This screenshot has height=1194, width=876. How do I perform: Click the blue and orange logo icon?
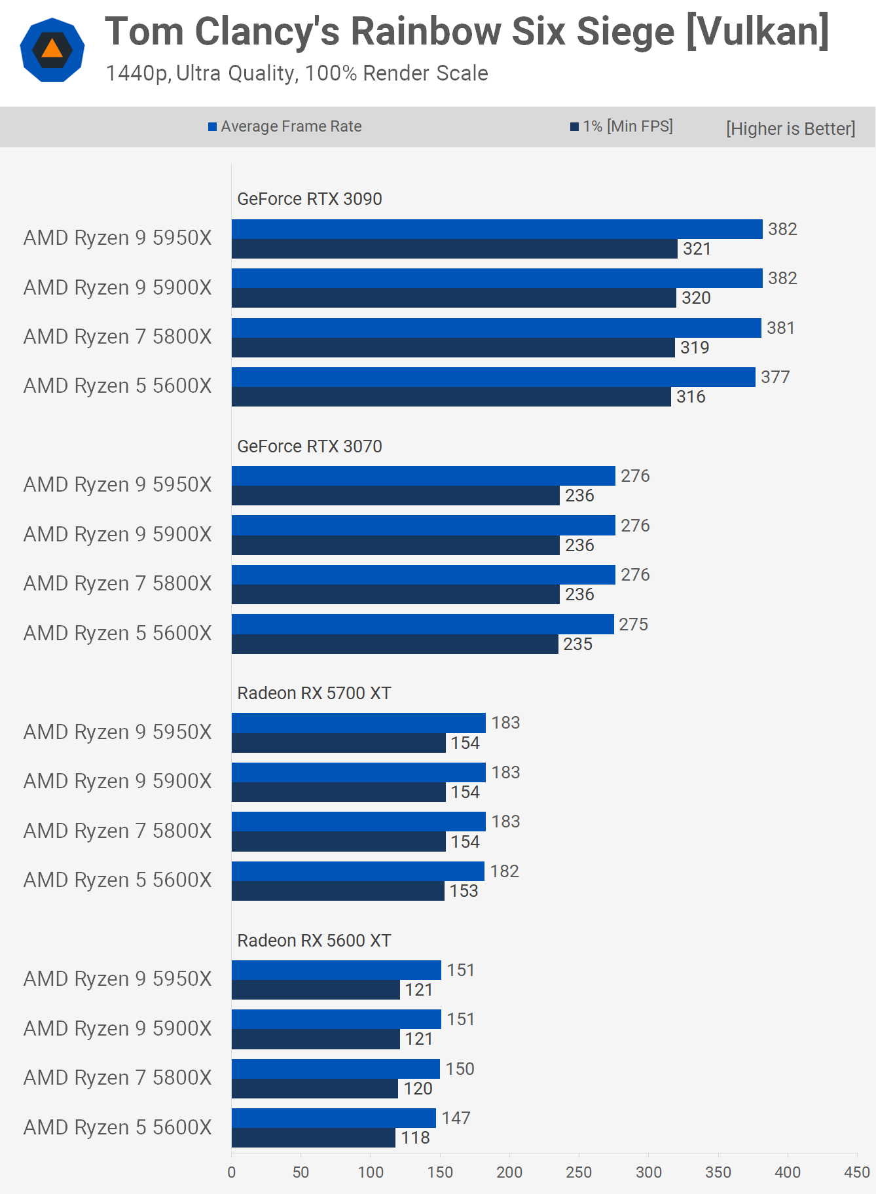[x=52, y=50]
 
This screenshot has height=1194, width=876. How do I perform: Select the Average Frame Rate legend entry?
[x=285, y=126]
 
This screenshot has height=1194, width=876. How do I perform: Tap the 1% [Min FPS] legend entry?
[x=621, y=126]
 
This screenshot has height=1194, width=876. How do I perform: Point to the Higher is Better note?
[x=790, y=128]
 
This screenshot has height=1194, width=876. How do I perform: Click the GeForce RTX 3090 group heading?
[x=309, y=199]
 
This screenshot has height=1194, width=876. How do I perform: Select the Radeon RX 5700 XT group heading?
[x=314, y=693]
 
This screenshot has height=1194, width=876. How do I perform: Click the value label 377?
[x=775, y=377]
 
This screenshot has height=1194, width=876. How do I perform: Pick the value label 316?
[x=691, y=397]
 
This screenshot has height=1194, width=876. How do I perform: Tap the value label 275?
[x=633, y=624]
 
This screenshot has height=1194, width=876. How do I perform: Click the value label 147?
[x=456, y=1118]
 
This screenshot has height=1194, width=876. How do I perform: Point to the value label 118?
[x=415, y=1138]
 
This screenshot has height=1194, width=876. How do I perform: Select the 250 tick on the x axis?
[x=579, y=1172]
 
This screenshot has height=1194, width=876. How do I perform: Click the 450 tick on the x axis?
[x=856, y=1172]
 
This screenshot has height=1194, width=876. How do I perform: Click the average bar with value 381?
[x=496, y=328]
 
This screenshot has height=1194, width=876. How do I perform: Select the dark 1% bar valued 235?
[x=395, y=644]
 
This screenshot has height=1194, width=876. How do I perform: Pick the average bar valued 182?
[x=357, y=871]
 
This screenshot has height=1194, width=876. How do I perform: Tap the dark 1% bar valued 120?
[x=314, y=1089]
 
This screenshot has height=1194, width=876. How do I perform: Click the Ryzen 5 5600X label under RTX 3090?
[x=118, y=386]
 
